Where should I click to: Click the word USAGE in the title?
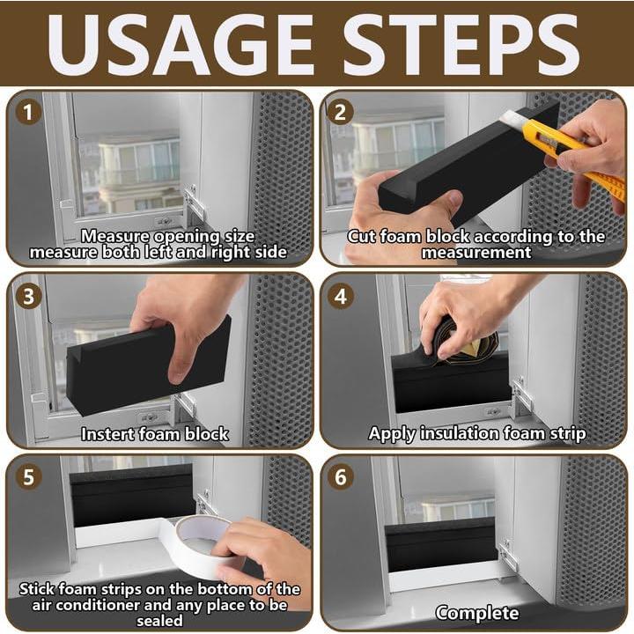[181, 44]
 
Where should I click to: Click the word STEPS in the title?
[461, 44]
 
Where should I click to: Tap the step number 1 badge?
[27, 112]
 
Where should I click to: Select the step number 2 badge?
[341, 112]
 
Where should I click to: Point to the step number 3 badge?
[27, 297]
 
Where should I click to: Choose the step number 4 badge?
[341, 297]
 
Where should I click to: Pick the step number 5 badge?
[27, 477]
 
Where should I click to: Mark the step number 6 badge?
[341, 477]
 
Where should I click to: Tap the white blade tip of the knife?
[510, 118]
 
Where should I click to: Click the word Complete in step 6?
[476, 613]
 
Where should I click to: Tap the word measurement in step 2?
[476, 253]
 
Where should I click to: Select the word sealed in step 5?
[159, 621]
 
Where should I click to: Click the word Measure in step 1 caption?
[115, 236]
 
